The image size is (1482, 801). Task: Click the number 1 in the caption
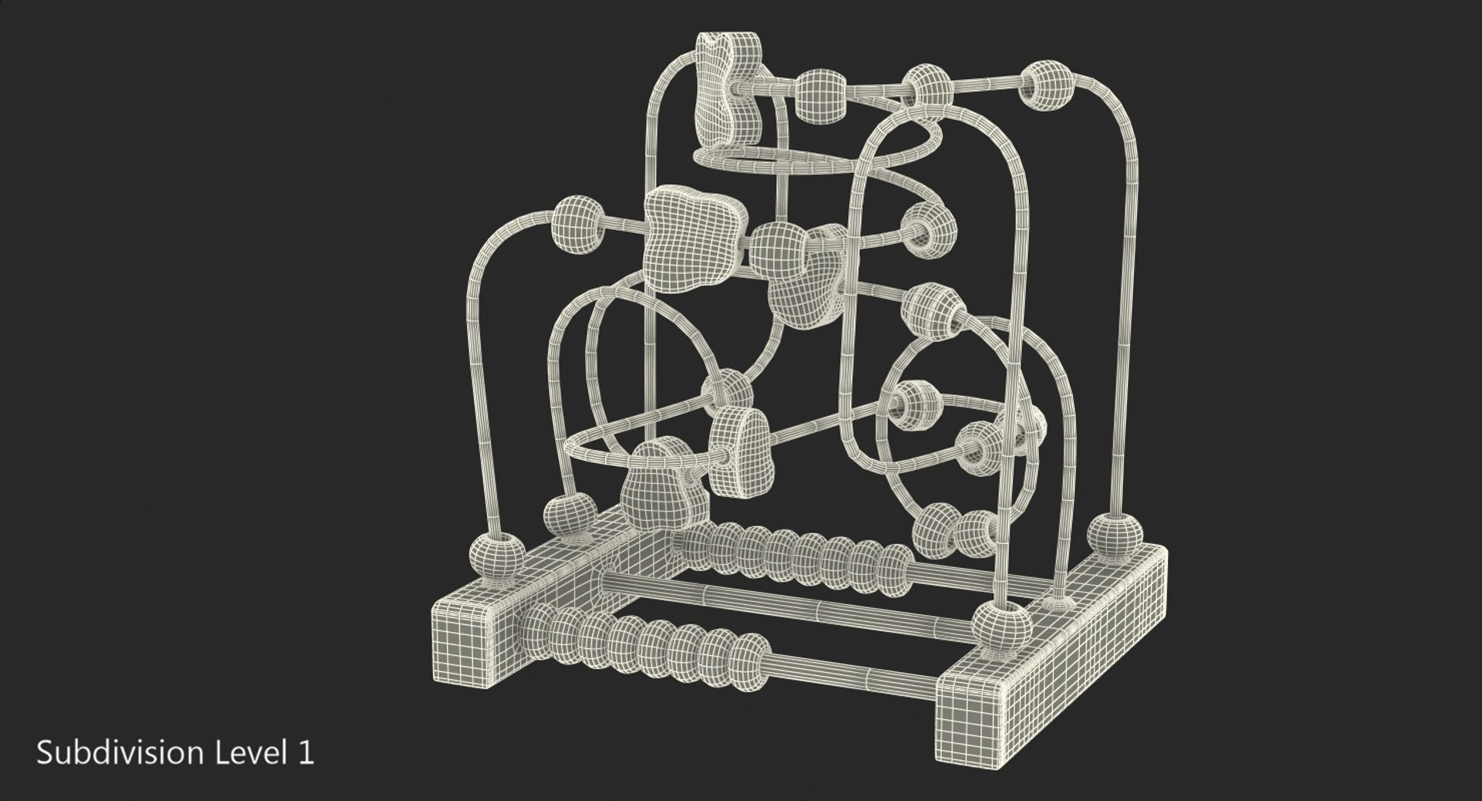click(x=307, y=753)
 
